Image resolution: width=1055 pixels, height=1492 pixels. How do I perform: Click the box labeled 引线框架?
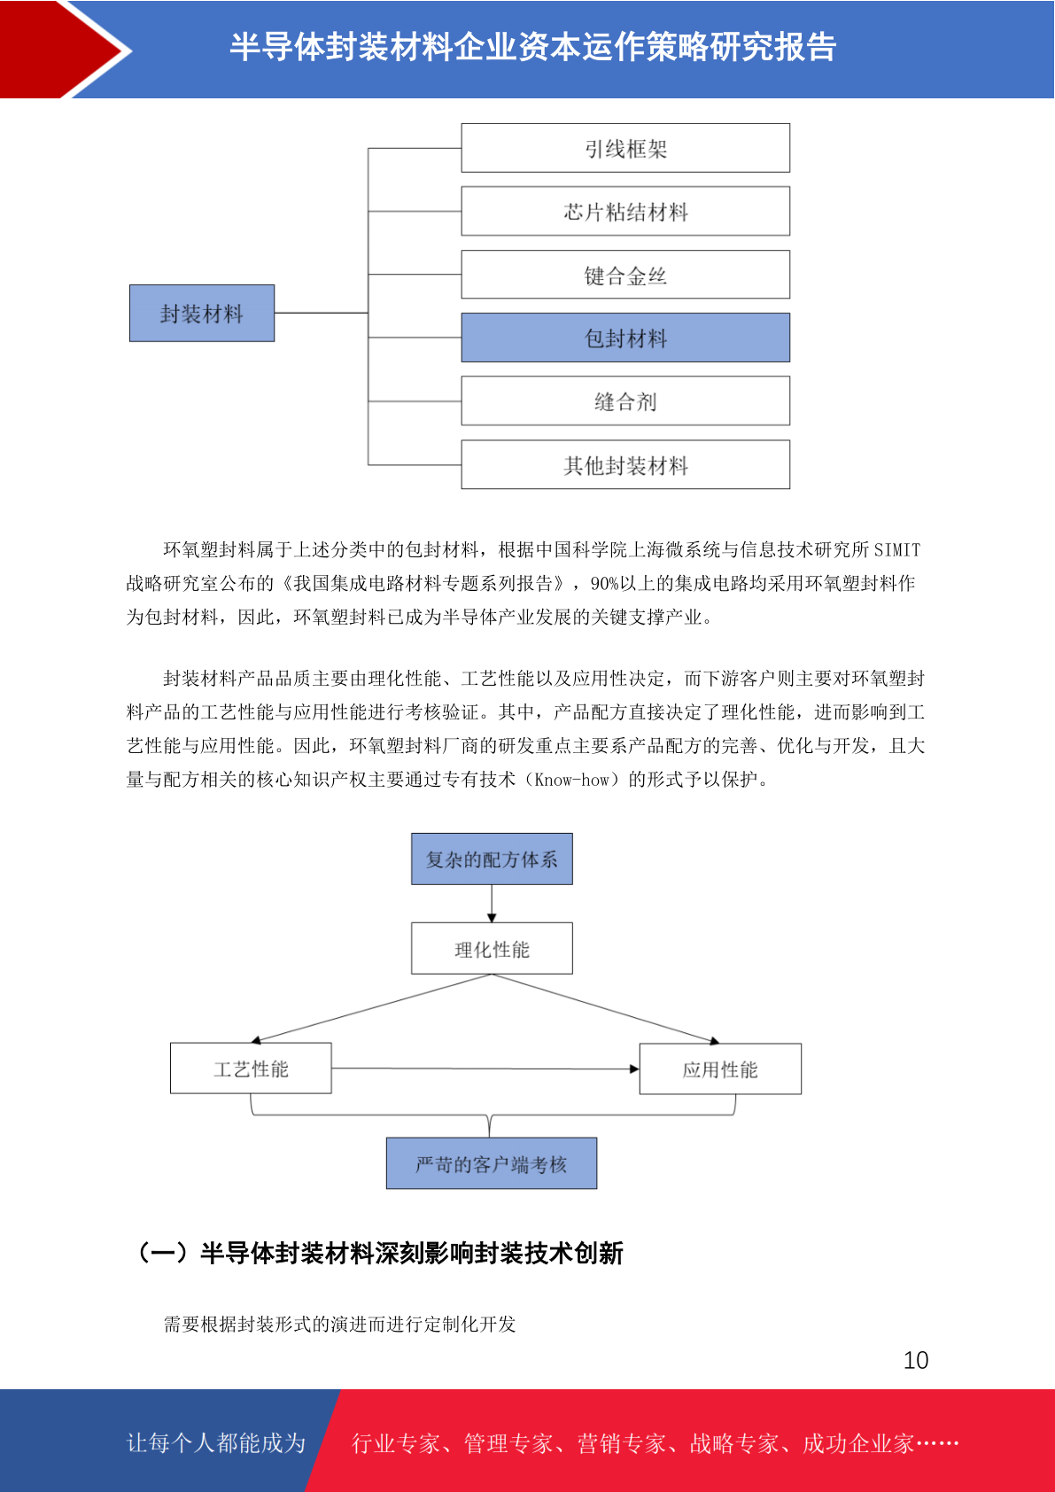625,148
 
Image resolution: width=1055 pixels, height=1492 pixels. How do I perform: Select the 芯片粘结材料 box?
625,211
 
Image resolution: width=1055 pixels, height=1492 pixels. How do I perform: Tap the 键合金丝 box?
625,275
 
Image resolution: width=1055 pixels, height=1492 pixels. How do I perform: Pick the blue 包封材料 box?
625,338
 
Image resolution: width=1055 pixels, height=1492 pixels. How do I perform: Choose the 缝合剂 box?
625,401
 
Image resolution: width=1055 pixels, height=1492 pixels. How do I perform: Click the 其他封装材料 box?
625,464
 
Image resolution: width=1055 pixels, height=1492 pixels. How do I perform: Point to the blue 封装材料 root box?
202,313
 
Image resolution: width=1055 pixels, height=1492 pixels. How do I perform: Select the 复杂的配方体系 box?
492,859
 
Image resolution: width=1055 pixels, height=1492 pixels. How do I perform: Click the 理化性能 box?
492,948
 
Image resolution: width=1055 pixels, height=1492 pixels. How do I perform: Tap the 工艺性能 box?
251,1068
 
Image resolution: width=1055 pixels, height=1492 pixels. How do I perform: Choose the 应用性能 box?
720,1068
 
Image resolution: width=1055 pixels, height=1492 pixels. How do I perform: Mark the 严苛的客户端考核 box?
492,1163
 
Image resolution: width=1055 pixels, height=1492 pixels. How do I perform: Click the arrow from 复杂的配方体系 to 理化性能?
492,903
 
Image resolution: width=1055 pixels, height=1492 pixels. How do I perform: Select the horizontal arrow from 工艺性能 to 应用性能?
485,1068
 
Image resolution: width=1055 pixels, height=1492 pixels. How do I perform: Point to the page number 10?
915,1359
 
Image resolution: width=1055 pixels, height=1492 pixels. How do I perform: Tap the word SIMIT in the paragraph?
896,549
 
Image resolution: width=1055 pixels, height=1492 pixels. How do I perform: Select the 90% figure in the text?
605,584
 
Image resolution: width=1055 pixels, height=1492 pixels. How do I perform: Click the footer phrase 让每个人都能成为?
216,1442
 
